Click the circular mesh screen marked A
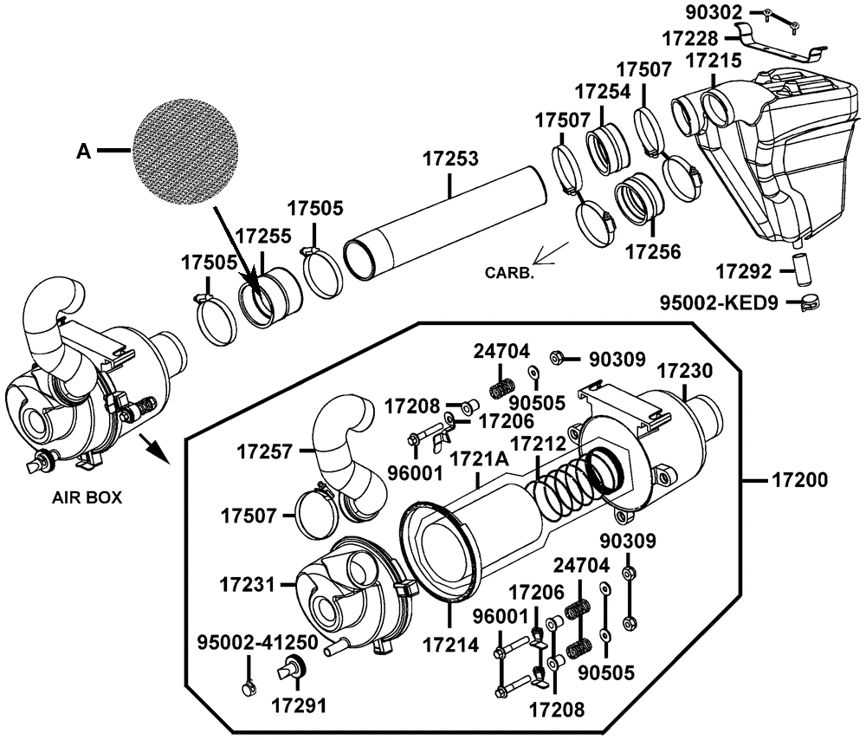tap(187, 150)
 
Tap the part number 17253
tap(450, 159)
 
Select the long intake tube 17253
tap(445, 223)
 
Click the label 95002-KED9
tap(719, 303)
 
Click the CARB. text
tap(509, 272)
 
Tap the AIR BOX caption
tap(87, 497)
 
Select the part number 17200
tap(799, 480)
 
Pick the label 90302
tap(714, 12)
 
